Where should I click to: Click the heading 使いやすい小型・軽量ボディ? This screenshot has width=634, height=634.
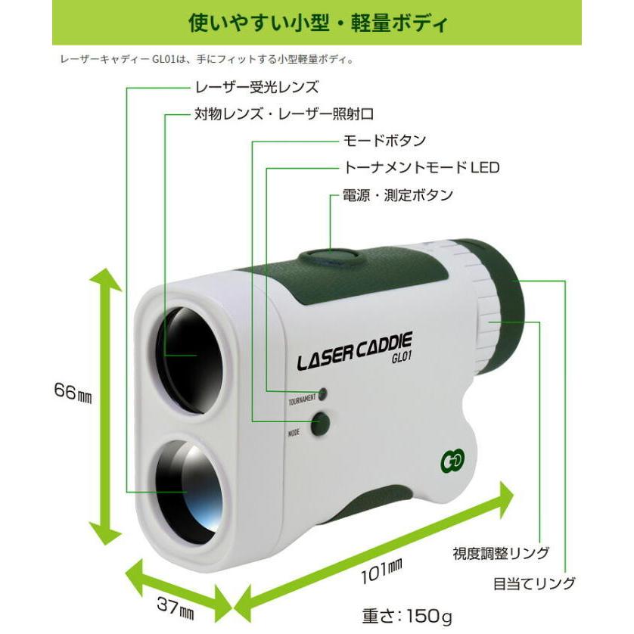(318, 23)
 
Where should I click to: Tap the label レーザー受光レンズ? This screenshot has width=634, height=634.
(256, 87)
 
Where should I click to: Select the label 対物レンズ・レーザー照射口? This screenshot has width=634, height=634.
(284, 114)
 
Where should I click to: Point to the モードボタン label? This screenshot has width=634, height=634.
(384, 141)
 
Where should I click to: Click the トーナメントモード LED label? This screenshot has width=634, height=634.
(421, 167)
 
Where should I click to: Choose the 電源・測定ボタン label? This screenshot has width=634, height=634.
(398, 195)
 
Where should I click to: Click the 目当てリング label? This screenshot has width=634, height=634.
(534, 583)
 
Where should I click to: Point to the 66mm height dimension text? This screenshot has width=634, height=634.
(73, 391)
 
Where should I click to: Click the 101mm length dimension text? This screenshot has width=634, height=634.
(381, 570)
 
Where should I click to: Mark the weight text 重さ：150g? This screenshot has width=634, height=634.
(407, 616)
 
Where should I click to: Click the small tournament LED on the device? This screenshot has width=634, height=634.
(322, 394)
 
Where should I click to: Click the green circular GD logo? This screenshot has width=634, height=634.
(452, 461)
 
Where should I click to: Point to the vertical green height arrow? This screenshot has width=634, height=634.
(105, 406)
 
